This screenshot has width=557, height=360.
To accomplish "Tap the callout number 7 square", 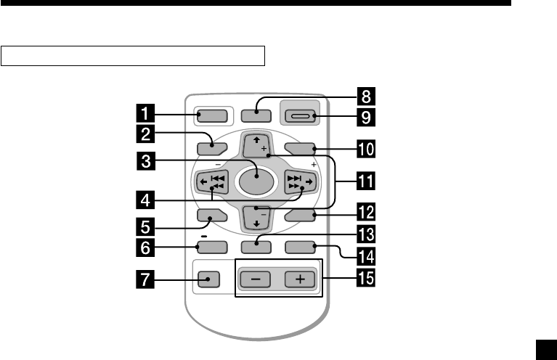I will pyautogui.click(x=147, y=278).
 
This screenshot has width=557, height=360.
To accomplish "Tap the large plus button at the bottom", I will pyautogui.click(x=299, y=279).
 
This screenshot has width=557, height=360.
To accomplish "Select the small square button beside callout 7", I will pyautogui.click(x=208, y=279).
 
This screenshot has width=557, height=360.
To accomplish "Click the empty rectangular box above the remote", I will pyautogui.click(x=133, y=56).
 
